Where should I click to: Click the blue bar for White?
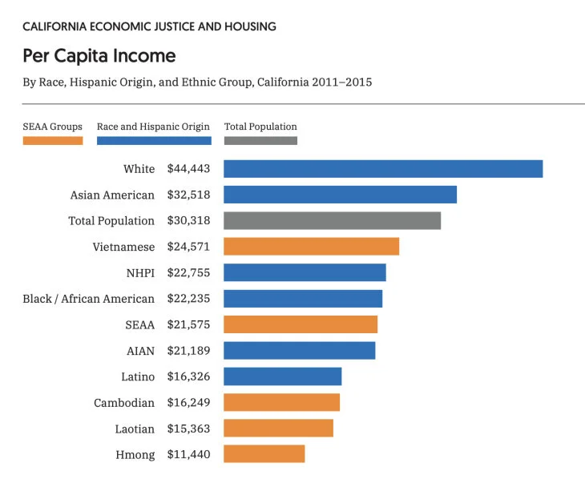tap(383, 169)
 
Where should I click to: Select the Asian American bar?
tap(341, 195)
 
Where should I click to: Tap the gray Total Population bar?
tap(332, 221)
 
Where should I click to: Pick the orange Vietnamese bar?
tap(312, 247)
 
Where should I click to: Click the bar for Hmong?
tap(264, 453)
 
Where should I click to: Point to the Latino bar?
tap(282, 376)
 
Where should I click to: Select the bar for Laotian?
tap(278, 428)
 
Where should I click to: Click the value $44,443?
tap(189, 169)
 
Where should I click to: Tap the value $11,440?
tap(189, 454)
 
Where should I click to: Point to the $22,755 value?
tap(189, 273)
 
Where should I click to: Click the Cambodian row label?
tap(124, 403)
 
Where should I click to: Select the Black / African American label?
tap(88, 299)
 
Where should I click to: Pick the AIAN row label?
tap(141, 351)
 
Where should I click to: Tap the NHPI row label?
tap(141, 273)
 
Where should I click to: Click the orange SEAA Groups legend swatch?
tap(53, 140)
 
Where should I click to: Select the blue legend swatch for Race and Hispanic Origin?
tap(154, 140)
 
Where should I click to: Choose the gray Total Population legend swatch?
tap(260, 140)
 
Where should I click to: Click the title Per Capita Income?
tap(99, 56)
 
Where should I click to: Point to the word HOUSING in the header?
tap(250, 26)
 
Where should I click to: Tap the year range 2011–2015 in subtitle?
tap(342, 82)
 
